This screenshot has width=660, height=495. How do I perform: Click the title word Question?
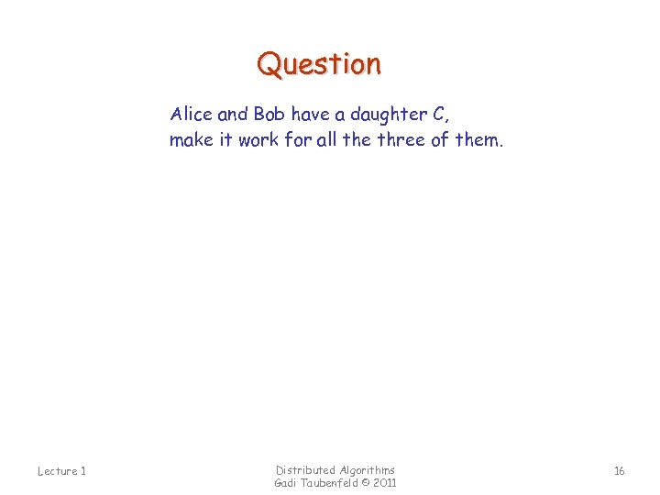(319, 65)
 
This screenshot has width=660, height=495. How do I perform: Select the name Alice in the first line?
(191, 115)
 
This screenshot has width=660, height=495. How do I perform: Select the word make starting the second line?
(190, 140)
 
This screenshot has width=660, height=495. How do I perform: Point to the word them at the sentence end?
(479, 140)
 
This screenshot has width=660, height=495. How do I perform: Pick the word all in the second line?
(325, 140)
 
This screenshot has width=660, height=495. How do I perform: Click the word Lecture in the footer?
(56, 471)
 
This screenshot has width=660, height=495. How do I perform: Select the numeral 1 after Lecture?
(82, 471)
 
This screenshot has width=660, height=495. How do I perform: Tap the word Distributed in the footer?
(306, 470)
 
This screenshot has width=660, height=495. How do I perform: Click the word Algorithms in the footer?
(368, 470)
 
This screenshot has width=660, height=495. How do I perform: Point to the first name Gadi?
(288, 483)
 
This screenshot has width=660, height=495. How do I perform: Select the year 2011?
(385, 483)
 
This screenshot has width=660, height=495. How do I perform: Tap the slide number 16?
(619, 471)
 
